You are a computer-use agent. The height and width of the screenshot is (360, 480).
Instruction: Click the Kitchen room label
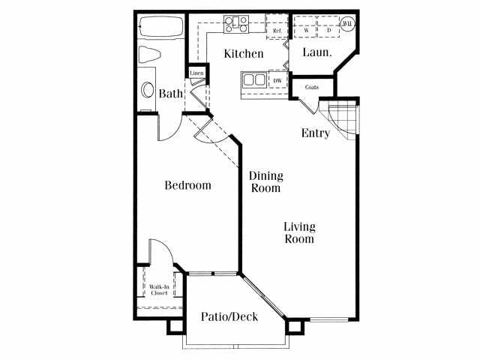pyautogui.click(x=244, y=54)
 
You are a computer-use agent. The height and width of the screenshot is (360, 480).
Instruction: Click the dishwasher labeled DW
pyautogui.click(x=277, y=80)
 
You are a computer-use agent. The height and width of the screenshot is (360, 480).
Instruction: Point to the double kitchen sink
pyautogui.click(x=253, y=80)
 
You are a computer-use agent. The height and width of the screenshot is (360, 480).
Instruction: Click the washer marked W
pyautogui.click(x=306, y=29)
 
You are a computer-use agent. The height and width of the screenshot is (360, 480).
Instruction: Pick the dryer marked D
pyautogui.click(x=328, y=29)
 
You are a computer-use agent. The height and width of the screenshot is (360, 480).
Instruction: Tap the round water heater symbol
pyautogui.click(x=347, y=23)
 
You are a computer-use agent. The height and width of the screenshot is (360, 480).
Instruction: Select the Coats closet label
pyautogui.click(x=312, y=88)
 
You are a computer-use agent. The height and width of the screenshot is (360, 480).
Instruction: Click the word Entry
pyautogui.click(x=316, y=133)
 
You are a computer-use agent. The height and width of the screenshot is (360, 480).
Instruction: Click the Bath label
pyautogui.click(x=171, y=94)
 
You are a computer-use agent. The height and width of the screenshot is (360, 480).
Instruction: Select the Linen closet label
pyautogui.click(x=196, y=73)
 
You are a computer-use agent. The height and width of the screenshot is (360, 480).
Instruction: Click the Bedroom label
pyautogui.click(x=187, y=185)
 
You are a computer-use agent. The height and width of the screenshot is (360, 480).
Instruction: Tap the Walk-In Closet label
pyautogui.click(x=158, y=290)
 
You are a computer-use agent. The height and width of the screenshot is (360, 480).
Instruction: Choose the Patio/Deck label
pyautogui.click(x=229, y=317)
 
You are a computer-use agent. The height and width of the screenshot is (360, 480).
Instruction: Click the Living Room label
pyautogui.click(x=298, y=232)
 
